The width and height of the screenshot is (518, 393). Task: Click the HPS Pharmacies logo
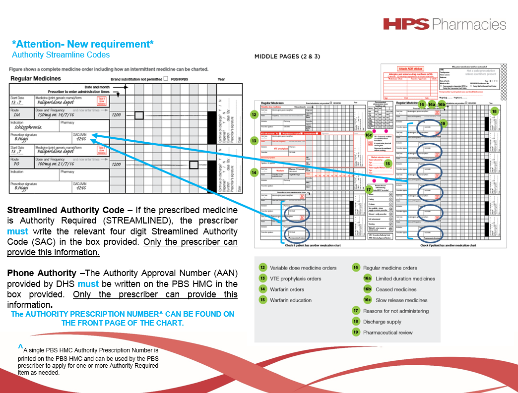pos(445,24)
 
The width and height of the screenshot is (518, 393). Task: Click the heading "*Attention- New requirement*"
pos(82,44)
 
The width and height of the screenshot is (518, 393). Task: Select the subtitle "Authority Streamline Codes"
pos(61,55)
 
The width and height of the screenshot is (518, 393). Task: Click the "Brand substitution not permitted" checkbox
pos(166,78)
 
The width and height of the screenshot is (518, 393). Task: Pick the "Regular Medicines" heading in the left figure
pos(36,78)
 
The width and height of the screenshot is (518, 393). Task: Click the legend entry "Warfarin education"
pos(291,300)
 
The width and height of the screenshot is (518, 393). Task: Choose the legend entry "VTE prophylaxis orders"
pos(296,279)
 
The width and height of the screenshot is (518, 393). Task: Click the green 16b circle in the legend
pos(367,289)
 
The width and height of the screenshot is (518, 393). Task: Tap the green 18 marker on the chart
pos(494,112)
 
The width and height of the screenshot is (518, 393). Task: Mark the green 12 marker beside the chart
pos(254,115)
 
